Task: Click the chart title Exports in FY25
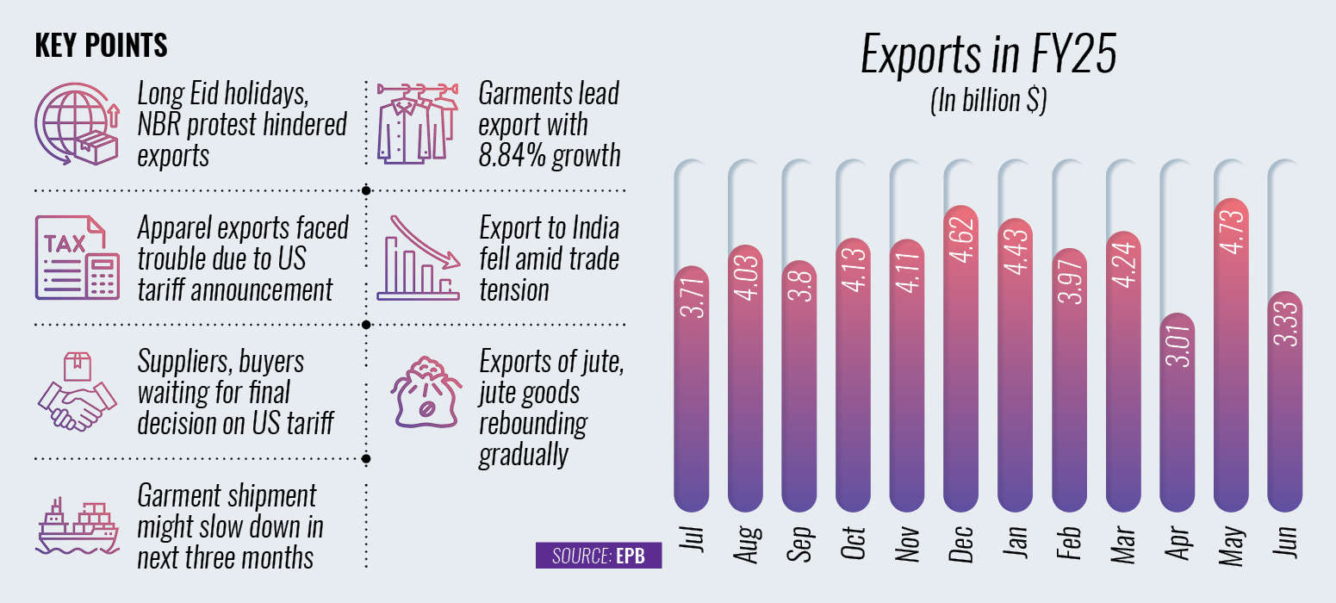pyautogui.click(x=989, y=56)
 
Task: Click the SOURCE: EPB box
pyautogui.click(x=599, y=556)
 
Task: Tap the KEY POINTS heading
pyautogui.click(x=101, y=46)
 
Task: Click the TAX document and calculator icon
pyautogui.click(x=77, y=258)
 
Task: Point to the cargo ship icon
pyautogui.click(x=77, y=523)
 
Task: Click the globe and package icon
pyautogui.click(x=77, y=126)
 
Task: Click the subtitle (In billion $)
pyautogui.click(x=988, y=102)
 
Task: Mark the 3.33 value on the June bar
pyautogui.click(x=1285, y=327)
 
